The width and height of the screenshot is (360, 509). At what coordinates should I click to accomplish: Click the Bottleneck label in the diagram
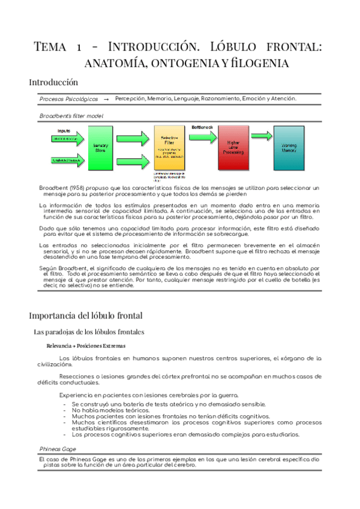[x=202, y=127]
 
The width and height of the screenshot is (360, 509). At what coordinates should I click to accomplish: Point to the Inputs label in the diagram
[x=64, y=130]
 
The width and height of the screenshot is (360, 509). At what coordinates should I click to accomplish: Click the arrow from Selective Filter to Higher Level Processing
[x=202, y=146]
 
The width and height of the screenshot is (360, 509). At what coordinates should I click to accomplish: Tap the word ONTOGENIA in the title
[x=171, y=62]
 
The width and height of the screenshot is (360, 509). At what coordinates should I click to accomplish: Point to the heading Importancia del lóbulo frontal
[x=85, y=315]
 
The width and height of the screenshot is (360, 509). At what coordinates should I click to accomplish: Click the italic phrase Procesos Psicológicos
[x=68, y=99]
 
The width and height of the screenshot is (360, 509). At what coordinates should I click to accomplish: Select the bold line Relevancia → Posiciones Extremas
[x=86, y=346]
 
